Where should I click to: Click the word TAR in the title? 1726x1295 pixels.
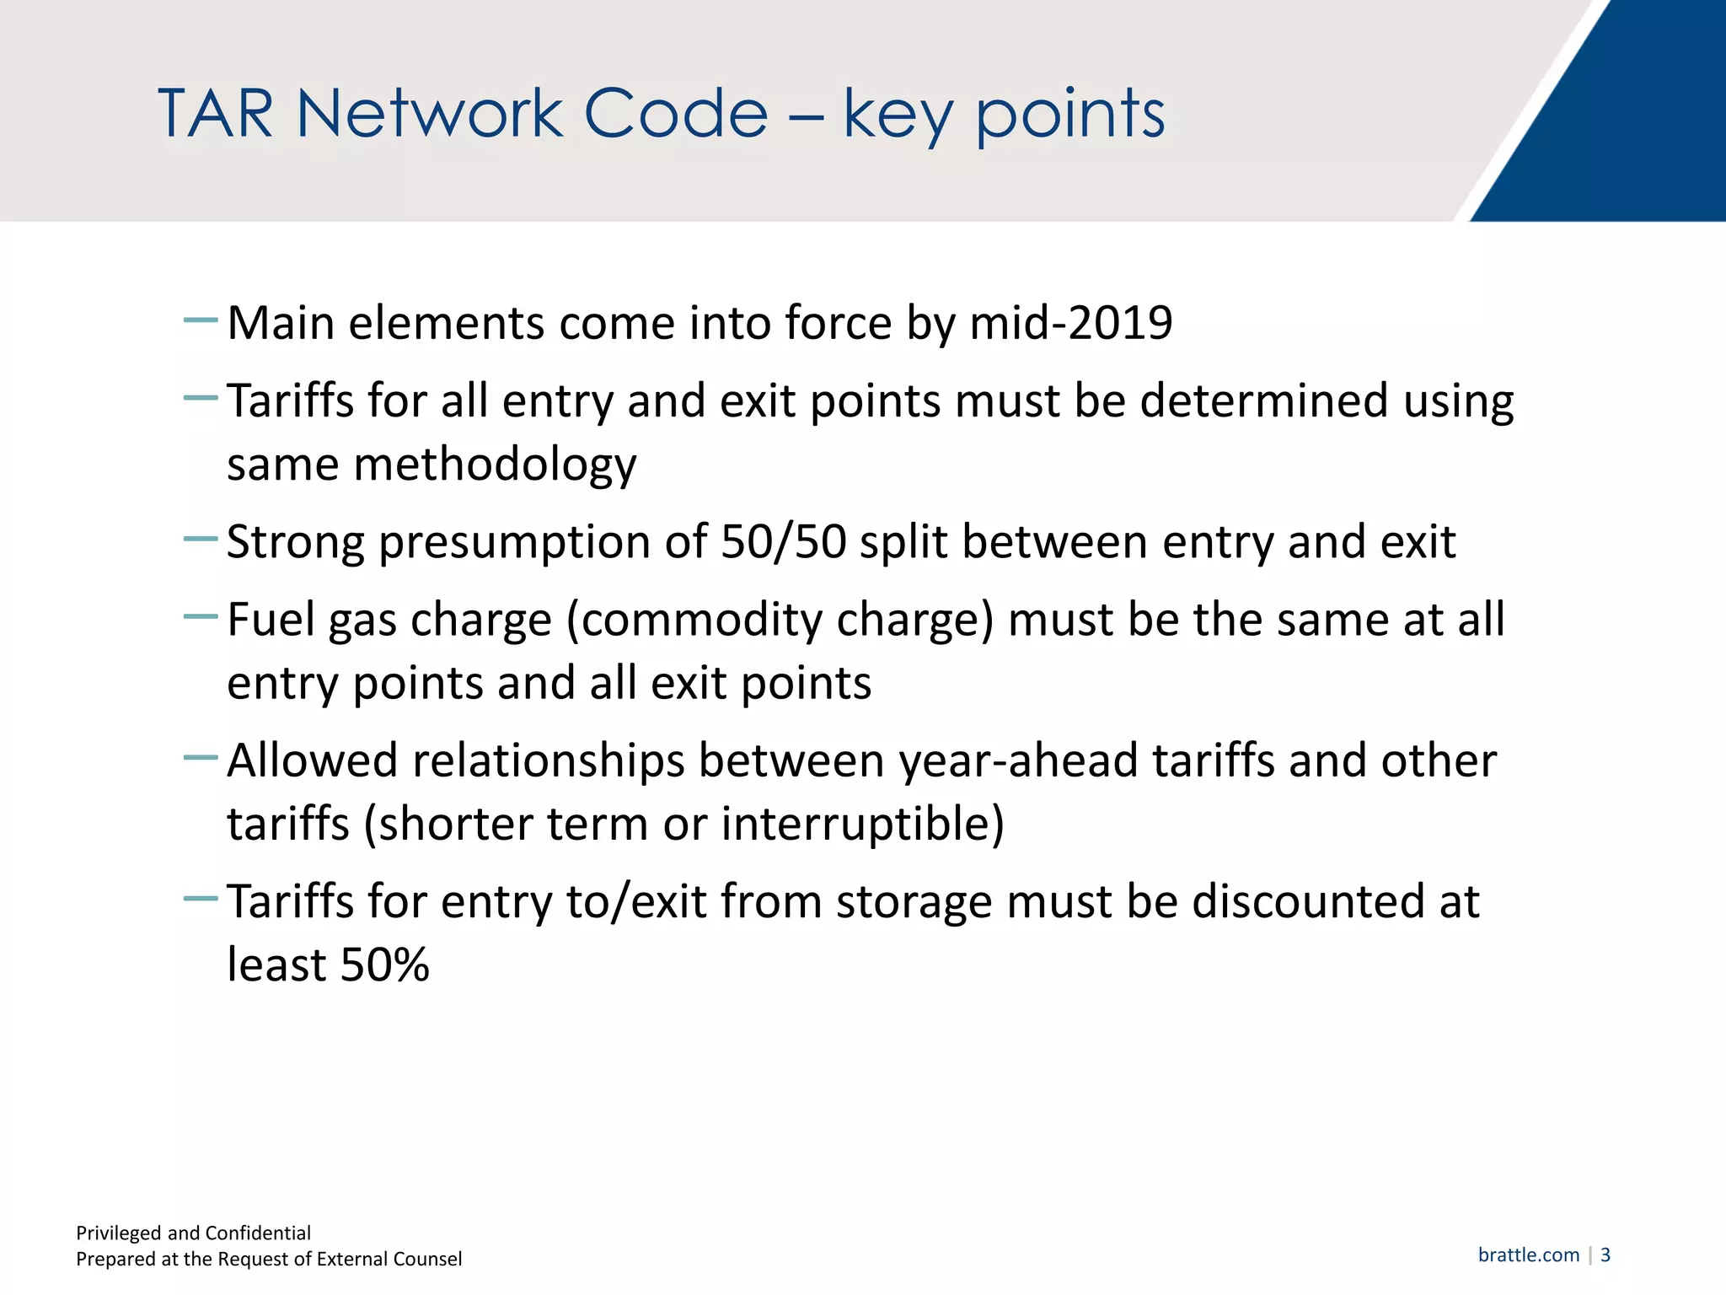pyautogui.click(x=216, y=114)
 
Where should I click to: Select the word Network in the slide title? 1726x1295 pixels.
pyautogui.click(x=430, y=114)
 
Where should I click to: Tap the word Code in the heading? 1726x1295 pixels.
pyautogui.click(x=676, y=114)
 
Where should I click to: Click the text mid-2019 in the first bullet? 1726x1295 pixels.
pyautogui.click(x=1071, y=323)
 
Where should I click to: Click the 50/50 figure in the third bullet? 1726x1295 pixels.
pyautogui.click(x=783, y=542)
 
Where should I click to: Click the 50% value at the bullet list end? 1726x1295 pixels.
pyautogui.click(x=384, y=965)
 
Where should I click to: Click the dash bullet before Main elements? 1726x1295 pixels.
pyautogui.click(x=201, y=320)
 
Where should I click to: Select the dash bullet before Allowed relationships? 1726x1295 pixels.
pyautogui.click(x=201, y=758)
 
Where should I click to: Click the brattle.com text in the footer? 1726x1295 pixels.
pyautogui.click(x=1528, y=1255)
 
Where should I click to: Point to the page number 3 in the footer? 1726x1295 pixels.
pyautogui.click(x=1605, y=1255)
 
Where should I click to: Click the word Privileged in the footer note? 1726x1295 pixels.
pyautogui.click(x=119, y=1233)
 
